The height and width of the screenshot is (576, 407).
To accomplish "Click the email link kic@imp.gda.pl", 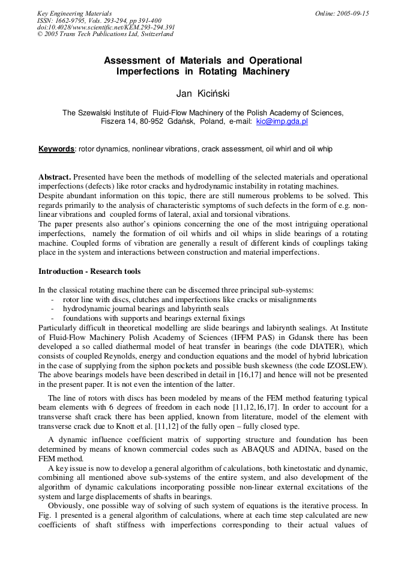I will pos(282,121).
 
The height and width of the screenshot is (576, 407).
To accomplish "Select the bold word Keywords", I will pos(56,149).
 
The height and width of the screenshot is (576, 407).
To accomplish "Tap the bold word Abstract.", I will pos(55,178).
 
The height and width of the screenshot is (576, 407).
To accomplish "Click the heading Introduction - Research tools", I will pos(89,271).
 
